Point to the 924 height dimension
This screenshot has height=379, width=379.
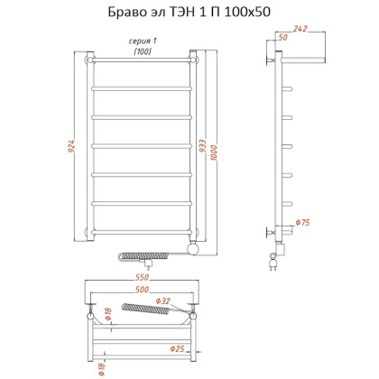[70, 148]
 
